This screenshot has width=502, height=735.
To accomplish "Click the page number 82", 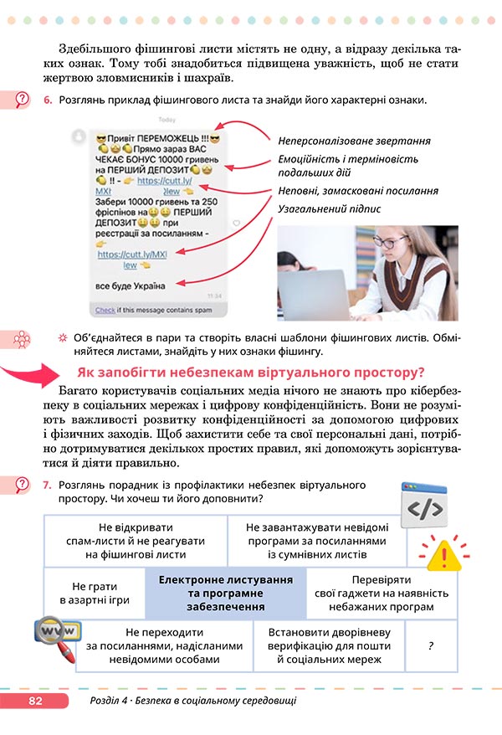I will coord(34,700).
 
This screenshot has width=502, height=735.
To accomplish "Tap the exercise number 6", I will coord(48,100).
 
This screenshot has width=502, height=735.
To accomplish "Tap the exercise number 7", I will coord(48,485).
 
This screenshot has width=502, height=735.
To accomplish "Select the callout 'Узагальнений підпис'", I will coord(329,208).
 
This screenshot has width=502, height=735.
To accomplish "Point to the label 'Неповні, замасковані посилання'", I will coord(358,191).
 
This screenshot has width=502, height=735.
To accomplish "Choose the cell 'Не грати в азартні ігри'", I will coord(94,594).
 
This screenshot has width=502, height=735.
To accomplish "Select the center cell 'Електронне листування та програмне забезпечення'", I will coord(225,594).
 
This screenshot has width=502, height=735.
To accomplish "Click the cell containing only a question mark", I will coord(430,646).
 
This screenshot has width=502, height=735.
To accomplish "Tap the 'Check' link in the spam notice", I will coord(105,310).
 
